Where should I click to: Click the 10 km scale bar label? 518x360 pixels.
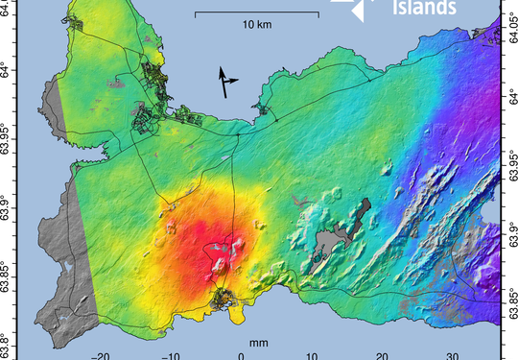point(256,23)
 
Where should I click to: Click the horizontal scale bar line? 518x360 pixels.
point(256,13)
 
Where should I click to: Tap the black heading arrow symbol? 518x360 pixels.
point(226,82)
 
